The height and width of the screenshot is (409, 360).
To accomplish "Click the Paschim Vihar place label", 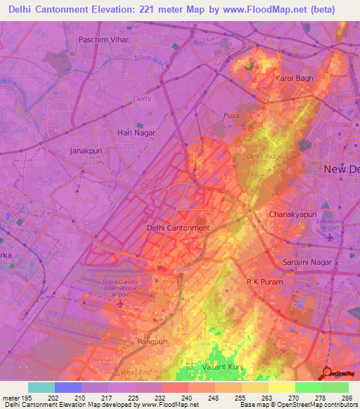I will pyautogui.click(x=104, y=40).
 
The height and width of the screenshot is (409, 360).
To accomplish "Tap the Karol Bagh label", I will pyautogui.click(x=293, y=78).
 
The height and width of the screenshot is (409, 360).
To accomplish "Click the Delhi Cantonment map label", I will pyautogui.click(x=177, y=228).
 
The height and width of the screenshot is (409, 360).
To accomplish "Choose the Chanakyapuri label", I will pyautogui.click(x=294, y=214).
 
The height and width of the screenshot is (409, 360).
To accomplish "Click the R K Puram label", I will pyautogui.click(x=264, y=281).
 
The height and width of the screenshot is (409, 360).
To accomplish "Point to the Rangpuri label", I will pyautogui.click(x=154, y=342).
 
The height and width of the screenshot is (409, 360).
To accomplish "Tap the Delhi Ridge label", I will pyautogui.click(x=264, y=156).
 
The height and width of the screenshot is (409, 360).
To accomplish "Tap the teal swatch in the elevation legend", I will pyautogui.click(x=41, y=387).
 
